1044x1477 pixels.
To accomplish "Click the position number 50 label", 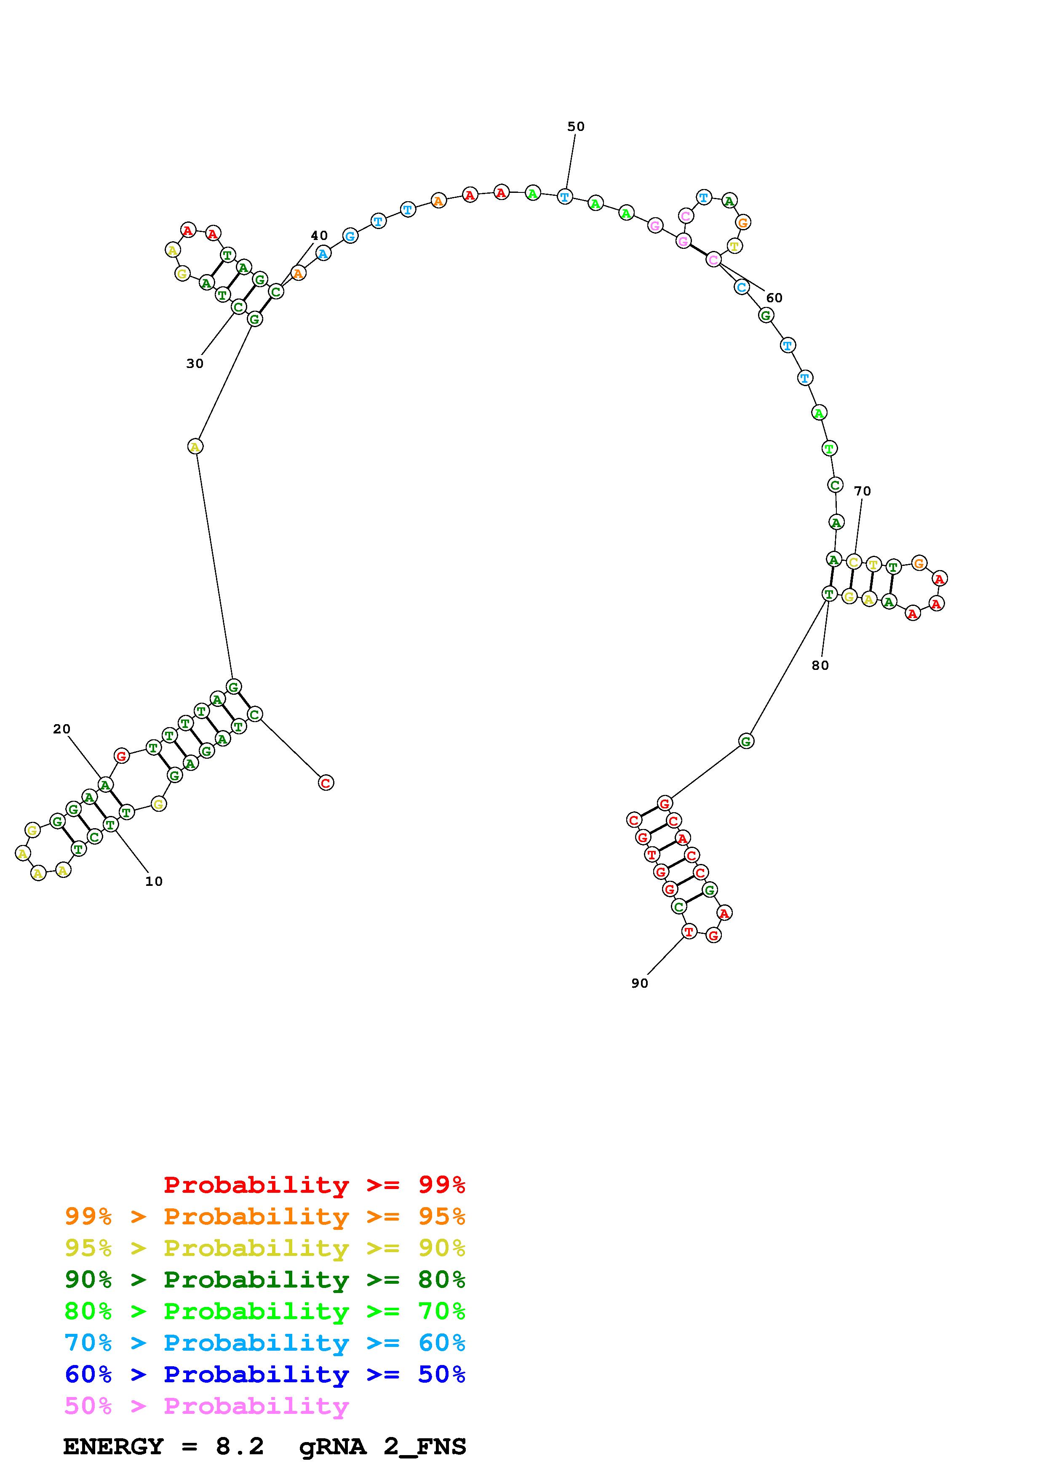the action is click(576, 127).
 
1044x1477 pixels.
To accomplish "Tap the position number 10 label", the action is click(154, 881).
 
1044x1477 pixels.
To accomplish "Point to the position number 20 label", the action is click(62, 729).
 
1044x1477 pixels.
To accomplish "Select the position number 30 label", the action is click(195, 363).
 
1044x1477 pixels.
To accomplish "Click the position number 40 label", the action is click(319, 235).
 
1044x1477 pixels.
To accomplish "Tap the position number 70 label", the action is click(862, 491).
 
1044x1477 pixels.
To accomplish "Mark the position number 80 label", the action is click(820, 665).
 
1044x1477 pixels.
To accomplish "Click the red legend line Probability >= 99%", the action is click(315, 1185).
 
